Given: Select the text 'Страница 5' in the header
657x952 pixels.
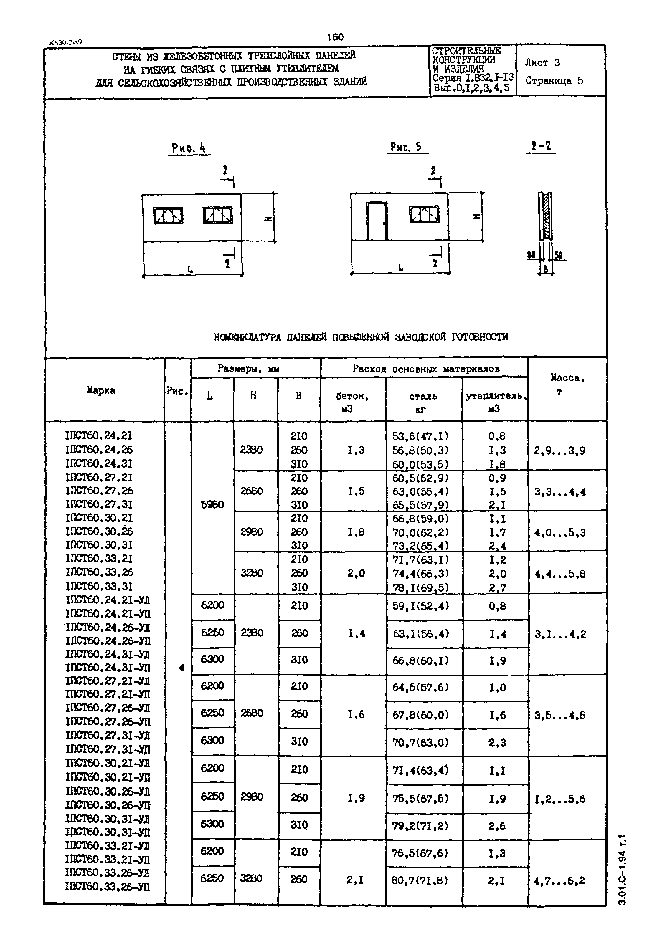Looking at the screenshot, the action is pyautogui.click(x=554, y=81).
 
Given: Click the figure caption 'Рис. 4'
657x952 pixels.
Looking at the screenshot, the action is pyautogui.click(x=189, y=147).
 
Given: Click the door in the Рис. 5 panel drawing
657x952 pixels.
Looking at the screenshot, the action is pyautogui.click(x=377, y=221).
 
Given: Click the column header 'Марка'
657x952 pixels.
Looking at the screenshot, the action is pyautogui.click(x=101, y=390).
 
